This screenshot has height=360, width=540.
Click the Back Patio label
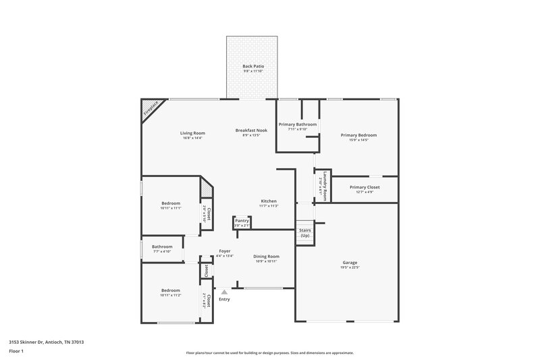coord(253,66)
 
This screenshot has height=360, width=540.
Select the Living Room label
coord(192,133)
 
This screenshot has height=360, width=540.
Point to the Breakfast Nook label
coord(251,130)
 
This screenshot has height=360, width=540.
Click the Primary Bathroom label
coord(298,125)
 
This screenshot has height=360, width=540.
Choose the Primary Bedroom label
coord(358,135)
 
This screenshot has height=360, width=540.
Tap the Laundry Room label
coord(324,186)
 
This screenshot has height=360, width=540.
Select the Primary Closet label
coord(364,187)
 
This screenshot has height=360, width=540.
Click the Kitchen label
coord(269,201)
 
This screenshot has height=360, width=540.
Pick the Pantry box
coord(242,222)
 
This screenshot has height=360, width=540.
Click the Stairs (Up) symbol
coord(305,232)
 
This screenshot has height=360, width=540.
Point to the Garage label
coord(350,262)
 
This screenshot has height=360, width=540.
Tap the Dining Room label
coord(266,257)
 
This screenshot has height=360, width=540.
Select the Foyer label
coord(225,251)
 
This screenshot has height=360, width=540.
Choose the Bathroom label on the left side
coord(162,247)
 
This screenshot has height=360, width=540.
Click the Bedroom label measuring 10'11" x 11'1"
coord(171,203)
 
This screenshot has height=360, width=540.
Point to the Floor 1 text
coord(16,352)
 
